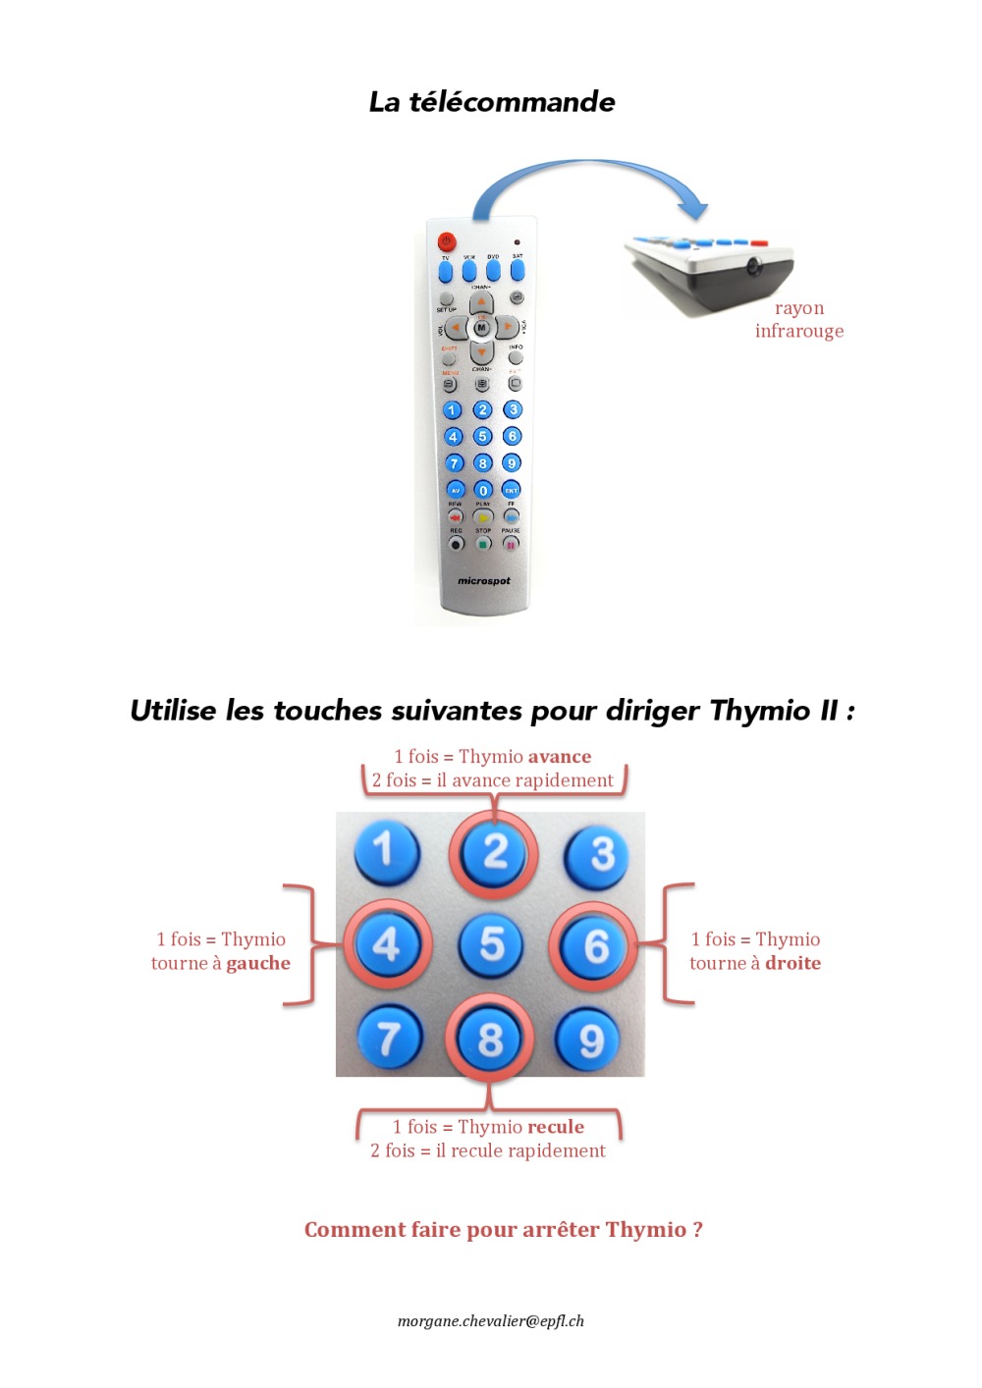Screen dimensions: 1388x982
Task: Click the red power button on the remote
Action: (x=447, y=241)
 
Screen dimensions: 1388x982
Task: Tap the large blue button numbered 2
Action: (x=494, y=852)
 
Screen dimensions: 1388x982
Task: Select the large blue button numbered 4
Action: (x=387, y=944)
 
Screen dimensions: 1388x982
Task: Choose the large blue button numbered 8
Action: (x=490, y=1039)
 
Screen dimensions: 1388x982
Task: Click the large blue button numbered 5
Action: (x=492, y=944)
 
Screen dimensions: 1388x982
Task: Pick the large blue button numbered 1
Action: (x=386, y=850)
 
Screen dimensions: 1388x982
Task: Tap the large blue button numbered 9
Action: (x=591, y=1039)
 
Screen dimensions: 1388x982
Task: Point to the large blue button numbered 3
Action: (x=599, y=854)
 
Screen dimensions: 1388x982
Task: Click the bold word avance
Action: (x=560, y=757)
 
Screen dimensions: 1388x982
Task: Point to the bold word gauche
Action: (x=258, y=964)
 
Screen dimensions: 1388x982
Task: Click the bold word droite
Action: (x=792, y=964)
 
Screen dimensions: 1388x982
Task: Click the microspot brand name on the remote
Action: (x=484, y=581)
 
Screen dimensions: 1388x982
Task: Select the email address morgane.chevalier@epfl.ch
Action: (x=491, y=1321)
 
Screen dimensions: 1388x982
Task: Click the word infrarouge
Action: (x=799, y=331)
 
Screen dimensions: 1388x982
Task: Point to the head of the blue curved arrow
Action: (x=694, y=207)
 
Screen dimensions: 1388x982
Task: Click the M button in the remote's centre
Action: (x=481, y=327)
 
